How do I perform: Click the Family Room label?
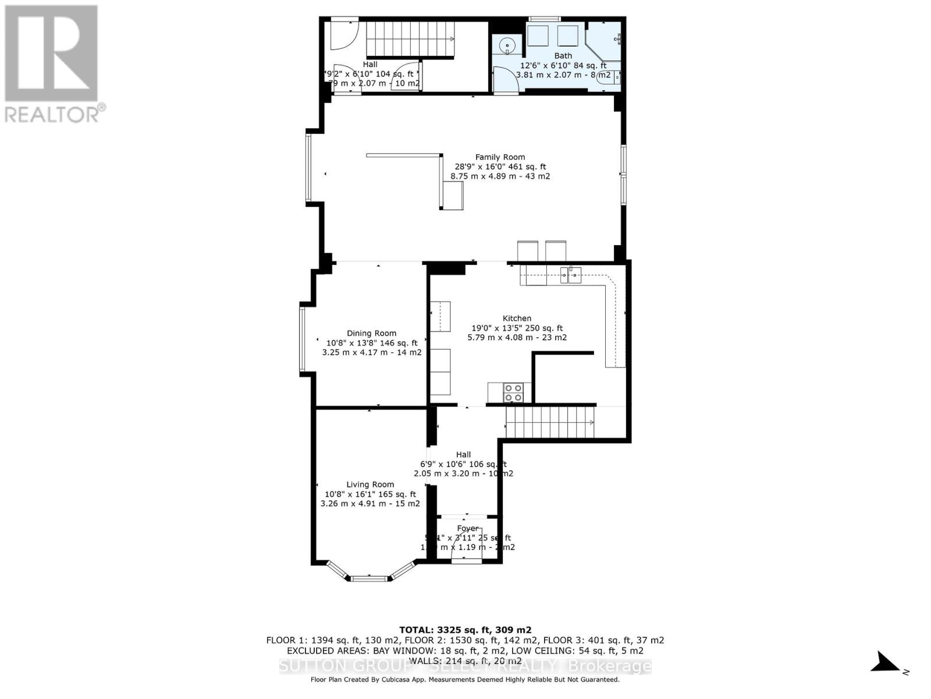point(500,157)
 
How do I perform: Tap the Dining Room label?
point(372,333)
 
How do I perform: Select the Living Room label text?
point(370,484)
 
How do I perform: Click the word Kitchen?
point(517,318)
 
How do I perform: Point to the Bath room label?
point(563,55)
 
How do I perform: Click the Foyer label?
point(467,528)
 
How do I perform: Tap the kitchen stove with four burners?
point(513,393)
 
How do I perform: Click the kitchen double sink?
point(570,276)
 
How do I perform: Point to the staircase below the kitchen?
point(550,422)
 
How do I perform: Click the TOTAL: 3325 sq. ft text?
point(465,630)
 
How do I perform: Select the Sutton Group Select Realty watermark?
point(465,666)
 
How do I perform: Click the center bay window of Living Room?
point(369,578)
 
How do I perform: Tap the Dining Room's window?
point(302,339)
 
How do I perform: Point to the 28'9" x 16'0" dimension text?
point(499,166)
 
